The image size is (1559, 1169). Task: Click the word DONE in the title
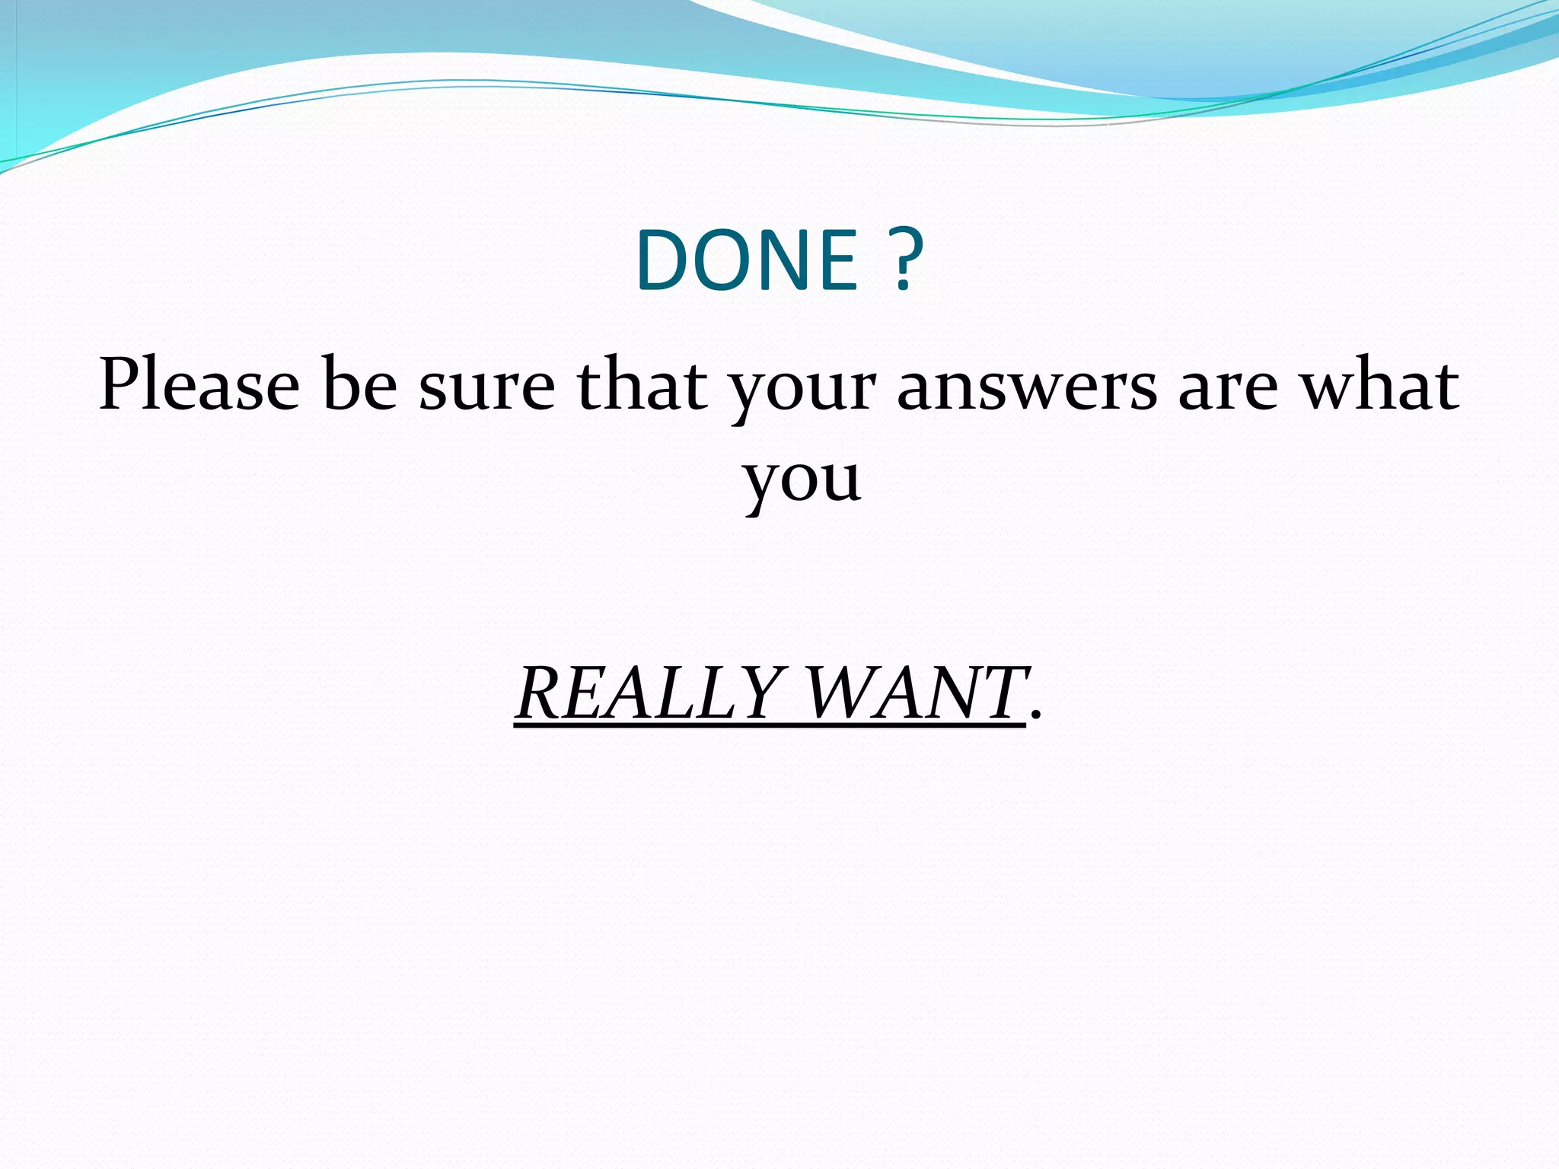click(x=748, y=261)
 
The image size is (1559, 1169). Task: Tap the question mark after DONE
click(x=904, y=261)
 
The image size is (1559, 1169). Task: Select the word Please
click(x=199, y=385)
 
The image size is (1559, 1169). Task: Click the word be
click(x=359, y=385)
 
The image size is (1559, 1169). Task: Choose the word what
click(x=1379, y=385)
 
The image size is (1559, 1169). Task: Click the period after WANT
click(x=1034, y=715)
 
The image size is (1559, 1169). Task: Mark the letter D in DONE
click(x=662, y=261)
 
